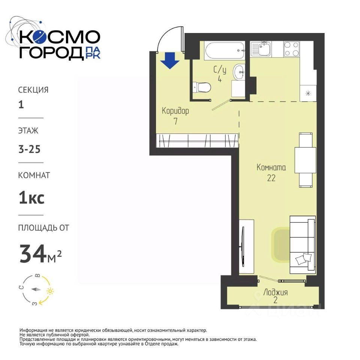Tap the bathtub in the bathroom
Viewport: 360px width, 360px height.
point(225,50)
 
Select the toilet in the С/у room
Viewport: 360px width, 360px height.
point(202,87)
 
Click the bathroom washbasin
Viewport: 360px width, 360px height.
point(239,72)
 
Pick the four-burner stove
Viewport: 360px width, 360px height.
point(292,49)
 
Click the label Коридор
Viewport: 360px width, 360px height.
point(175,111)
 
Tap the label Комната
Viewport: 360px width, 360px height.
point(271,167)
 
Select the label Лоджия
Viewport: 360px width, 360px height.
point(276,292)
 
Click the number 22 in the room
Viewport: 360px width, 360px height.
point(271,178)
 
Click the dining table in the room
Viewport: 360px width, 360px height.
point(305,160)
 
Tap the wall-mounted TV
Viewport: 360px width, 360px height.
point(243,247)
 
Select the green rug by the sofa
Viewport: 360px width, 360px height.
point(280,244)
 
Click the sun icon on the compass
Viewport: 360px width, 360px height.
point(50,291)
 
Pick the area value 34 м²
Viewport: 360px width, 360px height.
point(40,254)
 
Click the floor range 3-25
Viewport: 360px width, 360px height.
point(29,150)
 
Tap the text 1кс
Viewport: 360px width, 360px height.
point(31,198)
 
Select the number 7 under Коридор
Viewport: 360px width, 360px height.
point(175,121)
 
